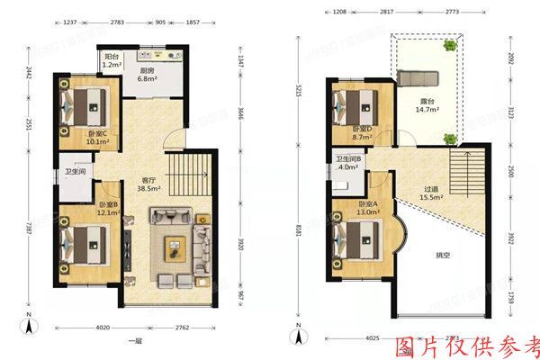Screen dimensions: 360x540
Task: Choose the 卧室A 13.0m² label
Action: pos(369,209)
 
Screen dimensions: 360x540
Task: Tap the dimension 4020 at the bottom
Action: pos(103,328)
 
